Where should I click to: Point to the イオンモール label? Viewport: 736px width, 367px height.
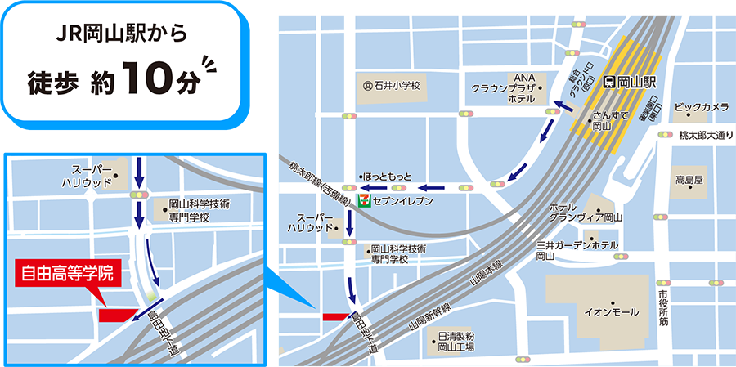click(x=607, y=311)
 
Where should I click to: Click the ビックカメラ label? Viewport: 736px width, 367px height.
click(x=702, y=107)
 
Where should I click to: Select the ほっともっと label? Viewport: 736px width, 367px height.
click(x=388, y=177)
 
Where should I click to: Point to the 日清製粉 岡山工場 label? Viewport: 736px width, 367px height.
click(x=456, y=342)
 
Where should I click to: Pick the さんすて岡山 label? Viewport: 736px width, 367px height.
click(x=609, y=121)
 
